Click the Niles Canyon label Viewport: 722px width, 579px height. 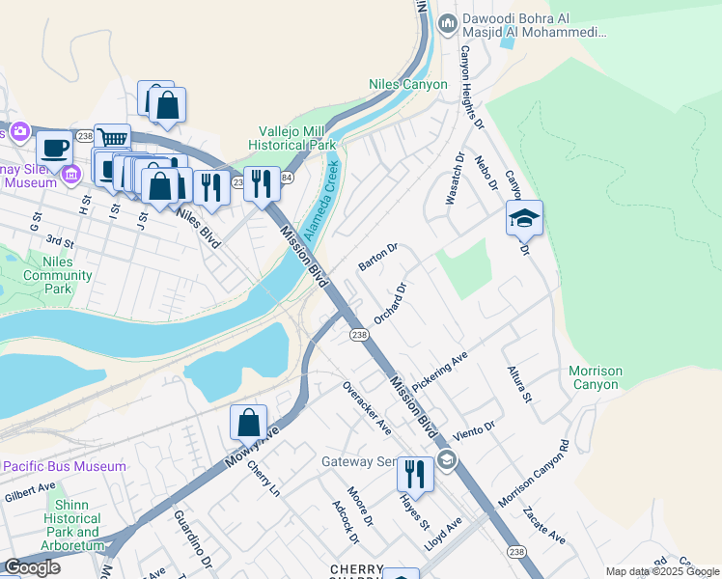point(408,84)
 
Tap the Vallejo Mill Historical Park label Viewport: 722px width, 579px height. point(296,138)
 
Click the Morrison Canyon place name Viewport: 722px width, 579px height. point(595,377)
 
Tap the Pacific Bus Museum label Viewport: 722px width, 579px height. point(64,466)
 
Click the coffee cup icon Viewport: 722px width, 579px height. point(55,148)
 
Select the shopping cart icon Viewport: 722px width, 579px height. point(113,139)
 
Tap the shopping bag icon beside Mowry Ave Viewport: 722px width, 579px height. point(248,421)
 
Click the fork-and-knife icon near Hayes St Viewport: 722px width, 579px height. point(415,473)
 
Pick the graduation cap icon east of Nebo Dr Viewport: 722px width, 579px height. point(524,218)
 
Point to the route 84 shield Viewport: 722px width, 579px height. point(287,177)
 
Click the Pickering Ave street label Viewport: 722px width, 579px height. point(439,371)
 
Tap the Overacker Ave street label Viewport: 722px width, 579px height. point(367,406)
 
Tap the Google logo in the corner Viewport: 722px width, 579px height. point(33,567)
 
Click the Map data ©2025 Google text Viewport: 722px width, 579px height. point(662,571)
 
